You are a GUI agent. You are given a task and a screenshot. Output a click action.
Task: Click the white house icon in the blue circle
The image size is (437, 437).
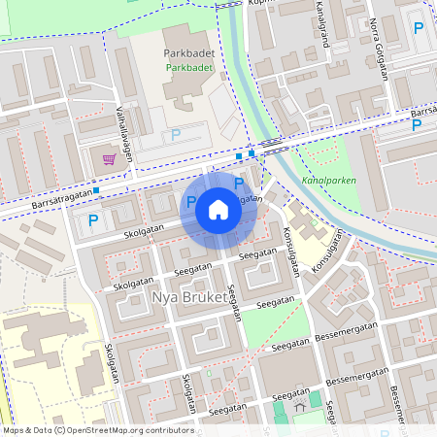pyautogui.click(x=218, y=209)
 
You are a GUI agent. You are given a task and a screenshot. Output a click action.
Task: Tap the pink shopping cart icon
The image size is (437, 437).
pyautogui.click(x=110, y=158)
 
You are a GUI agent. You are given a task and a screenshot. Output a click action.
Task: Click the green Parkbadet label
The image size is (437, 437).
pyautogui.click(x=188, y=69)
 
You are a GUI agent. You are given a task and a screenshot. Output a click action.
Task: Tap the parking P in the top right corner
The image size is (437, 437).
pyautogui.click(x=418, y=28)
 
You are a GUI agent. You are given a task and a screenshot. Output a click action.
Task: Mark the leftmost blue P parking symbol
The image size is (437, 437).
pyautogui.click(x=93, y=220)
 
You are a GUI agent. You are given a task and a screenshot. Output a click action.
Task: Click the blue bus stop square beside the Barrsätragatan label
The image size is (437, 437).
pyautogui.click(x=97, y=189)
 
